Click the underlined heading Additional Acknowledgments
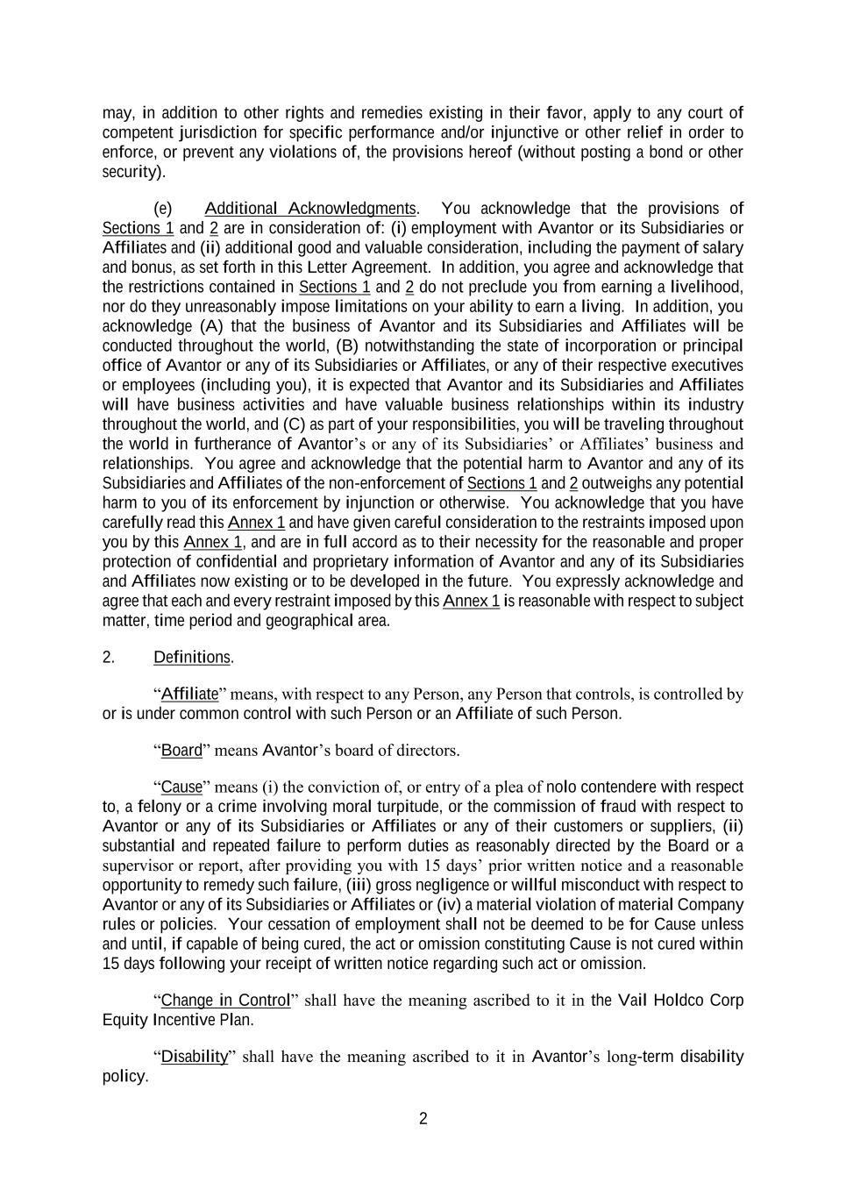[x=310, y=209]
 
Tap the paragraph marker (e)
[x=163, y=209]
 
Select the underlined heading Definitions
[x=192, y=658]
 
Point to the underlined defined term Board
[x=181, y=751]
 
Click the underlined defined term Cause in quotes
[x=181, y=787]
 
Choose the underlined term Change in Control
[x=225, y=1001]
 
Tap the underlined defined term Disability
[x=195, y=1057]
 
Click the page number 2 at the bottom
[x=423, y=1119]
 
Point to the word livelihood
[x=706, y=288]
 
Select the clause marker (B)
[x=347, y=346]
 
